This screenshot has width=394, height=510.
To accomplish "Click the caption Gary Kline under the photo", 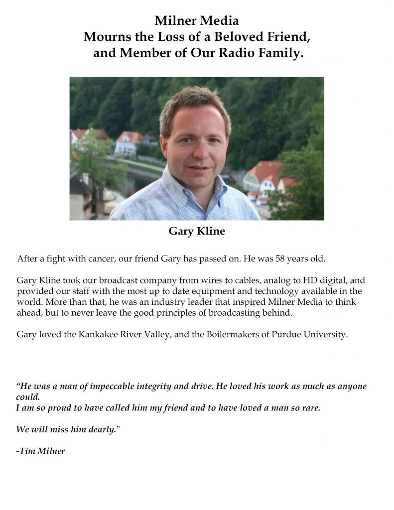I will point(196,231).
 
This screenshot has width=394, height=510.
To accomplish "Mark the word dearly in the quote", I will point(102,429).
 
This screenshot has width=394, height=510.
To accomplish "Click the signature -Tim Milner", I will point(40,452).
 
